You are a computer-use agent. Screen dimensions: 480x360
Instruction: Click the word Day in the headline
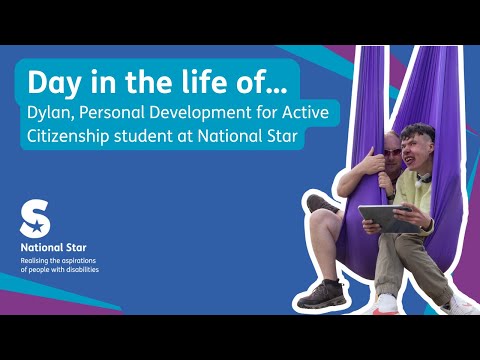(54, 83)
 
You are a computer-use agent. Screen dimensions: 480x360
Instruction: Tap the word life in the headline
(204, 81)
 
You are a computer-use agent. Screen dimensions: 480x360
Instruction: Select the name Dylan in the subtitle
(52, 113)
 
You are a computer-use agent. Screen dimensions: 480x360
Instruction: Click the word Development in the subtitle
(200, 113)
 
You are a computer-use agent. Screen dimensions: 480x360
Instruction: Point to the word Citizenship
(68, 137)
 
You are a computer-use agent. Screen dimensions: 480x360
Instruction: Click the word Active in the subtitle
(305, 112)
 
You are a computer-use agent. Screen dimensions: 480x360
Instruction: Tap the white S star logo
(35, 218)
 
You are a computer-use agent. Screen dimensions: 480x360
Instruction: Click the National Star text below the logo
(53, 247)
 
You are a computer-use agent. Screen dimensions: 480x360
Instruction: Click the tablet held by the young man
(388, 217)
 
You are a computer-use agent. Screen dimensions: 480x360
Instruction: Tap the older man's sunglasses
(392, 153)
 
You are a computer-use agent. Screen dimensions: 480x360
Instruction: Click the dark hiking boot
(321, 294)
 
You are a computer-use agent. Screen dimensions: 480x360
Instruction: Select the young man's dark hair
(419, 132)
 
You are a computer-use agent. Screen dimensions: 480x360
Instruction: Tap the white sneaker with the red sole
(386, 305)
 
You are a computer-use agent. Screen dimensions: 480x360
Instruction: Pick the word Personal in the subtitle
(113, 112)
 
